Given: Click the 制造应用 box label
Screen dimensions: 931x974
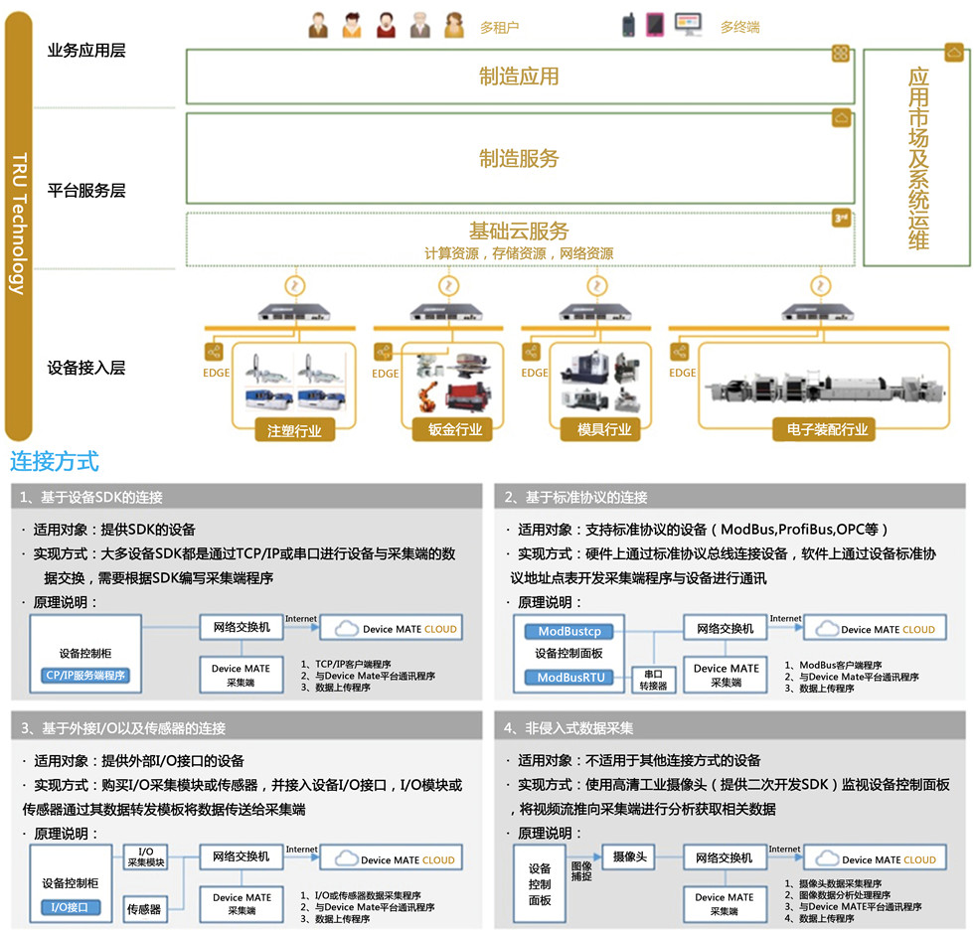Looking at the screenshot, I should click(x=519, y=77).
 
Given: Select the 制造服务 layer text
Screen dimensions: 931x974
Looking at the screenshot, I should click(x=519, y=158).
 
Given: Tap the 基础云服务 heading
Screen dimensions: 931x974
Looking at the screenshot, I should click(x=519, y=231).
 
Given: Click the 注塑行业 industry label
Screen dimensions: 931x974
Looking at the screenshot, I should click(x=294, y=430).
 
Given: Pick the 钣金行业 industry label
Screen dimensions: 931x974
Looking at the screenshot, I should click(x=455, y=430).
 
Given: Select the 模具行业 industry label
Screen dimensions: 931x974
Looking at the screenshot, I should click(x=604, y=430).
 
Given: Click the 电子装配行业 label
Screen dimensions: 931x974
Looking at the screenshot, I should click(x=820, y=430).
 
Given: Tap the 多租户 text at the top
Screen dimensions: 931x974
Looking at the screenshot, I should click(x=499, y=27).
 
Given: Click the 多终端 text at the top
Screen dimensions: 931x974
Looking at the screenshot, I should click(x=739, y=27).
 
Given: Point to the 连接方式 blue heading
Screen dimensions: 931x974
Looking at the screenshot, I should click(x=55, y=462).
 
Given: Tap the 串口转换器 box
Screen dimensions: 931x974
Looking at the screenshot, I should click(x=653, y=680).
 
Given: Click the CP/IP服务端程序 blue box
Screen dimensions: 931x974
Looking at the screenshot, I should click(x=84, y=676).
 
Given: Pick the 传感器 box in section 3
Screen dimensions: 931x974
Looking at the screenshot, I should click(x=143, y=908).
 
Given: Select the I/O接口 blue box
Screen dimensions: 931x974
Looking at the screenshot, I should click(x=71, y=907).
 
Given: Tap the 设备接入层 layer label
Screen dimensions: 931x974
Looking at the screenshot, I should click(x=86, y=368).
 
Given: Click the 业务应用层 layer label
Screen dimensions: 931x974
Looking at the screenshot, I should click(x=86, y=51).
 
